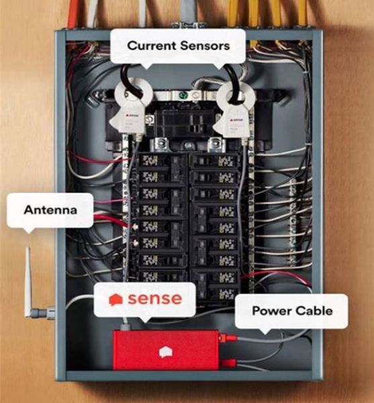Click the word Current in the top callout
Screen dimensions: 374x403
[x=152, y=46]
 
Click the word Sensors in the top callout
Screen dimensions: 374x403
[x=205, y=46]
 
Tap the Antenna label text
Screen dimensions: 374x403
[x=50, y=210]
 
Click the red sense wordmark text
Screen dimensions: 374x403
[x=155, y=299]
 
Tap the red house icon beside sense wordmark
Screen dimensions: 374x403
[x=116, y=300]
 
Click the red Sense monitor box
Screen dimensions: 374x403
[x=166, y=350]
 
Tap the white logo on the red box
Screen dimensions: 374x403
[x=166, y=352]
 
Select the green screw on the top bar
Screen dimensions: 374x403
[x=183, y=95]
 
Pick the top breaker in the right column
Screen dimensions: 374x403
[x=215, y=161]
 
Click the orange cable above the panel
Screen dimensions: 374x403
[x=73, y=13]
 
